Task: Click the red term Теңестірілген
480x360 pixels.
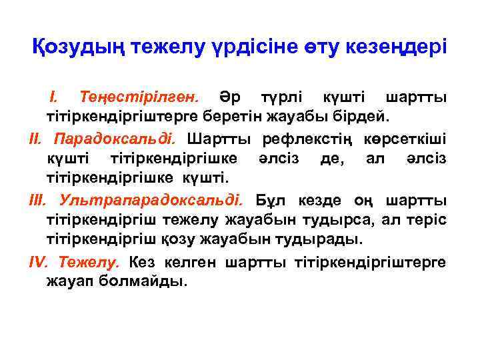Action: click(137, 99)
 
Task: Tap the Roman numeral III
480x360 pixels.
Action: click(40, 200)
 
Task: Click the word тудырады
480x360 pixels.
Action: click(327, 239)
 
